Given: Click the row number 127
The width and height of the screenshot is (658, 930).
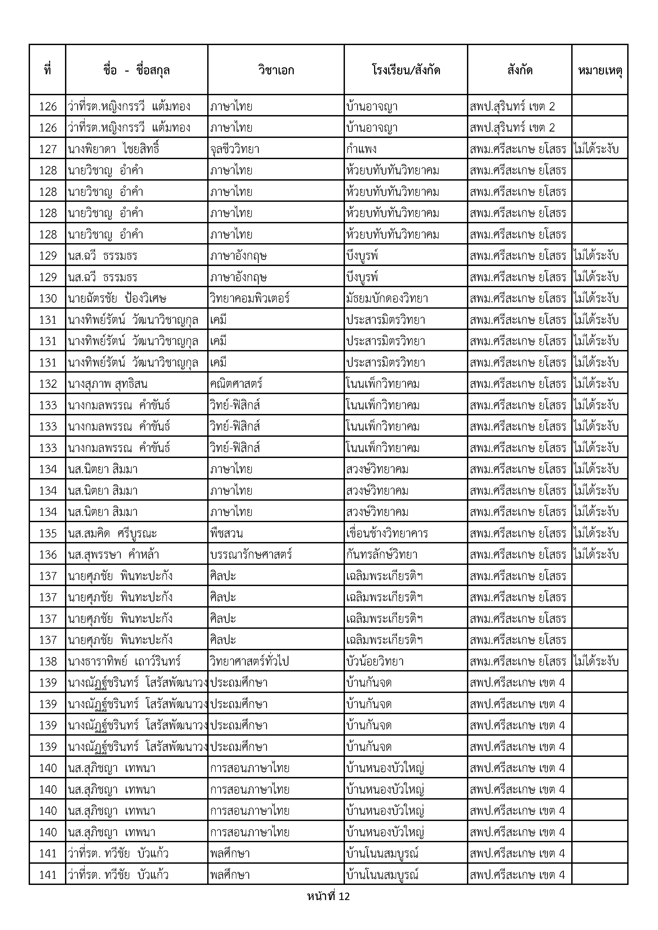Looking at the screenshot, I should point(48,149).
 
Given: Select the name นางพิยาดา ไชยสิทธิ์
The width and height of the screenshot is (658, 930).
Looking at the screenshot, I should point(114,149).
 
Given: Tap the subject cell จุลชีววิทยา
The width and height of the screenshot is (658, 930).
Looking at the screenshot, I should point(235,149).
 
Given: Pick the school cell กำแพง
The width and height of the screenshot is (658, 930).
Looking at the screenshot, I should point(361,149).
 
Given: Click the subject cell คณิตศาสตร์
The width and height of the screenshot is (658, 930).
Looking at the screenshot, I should point(236,383).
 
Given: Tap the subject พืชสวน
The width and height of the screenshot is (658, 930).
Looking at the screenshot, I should point(227,533).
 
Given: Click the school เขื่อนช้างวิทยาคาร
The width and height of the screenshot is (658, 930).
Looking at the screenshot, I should point(387,533).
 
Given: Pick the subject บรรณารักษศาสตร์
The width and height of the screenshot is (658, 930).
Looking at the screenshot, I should point(251,554).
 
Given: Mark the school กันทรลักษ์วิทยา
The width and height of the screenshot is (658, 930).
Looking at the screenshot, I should point(382,554).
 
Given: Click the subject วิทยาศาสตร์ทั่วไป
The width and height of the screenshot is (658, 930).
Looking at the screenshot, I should point(250,661).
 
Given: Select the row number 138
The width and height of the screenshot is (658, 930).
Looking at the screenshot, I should point(48,661).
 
